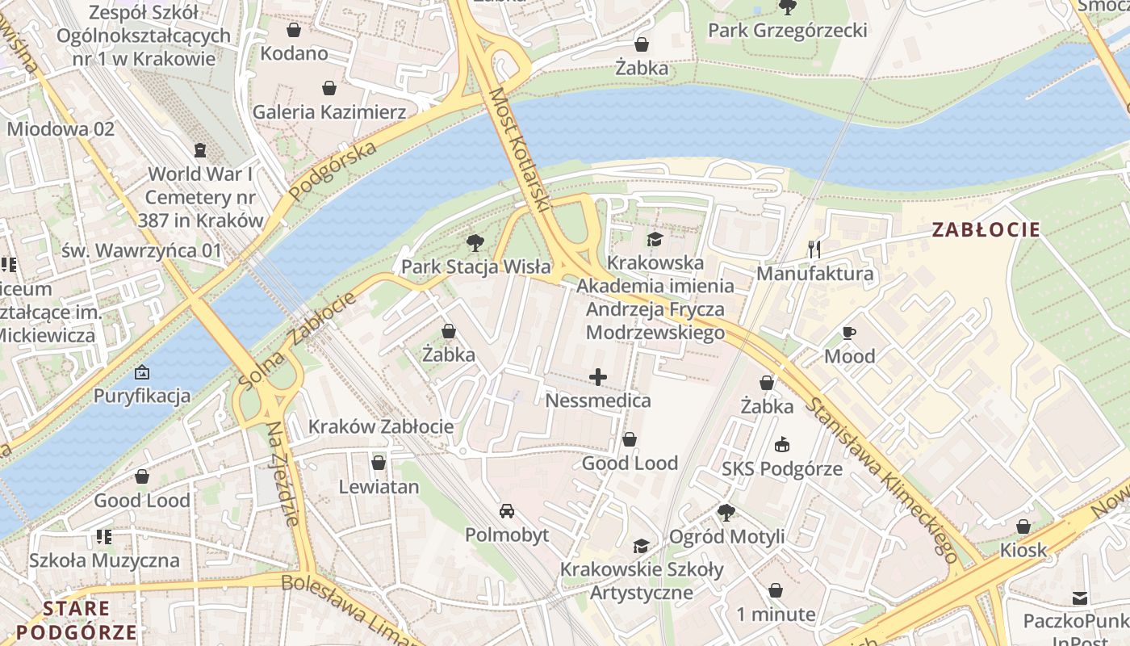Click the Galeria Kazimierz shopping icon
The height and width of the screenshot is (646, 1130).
[329, 87]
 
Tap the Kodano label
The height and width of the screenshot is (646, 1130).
[294, 53]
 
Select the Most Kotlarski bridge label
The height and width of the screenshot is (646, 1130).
[519, 150]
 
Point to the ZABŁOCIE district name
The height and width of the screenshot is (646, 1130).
[986, 229]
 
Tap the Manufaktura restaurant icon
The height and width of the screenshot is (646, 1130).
[814, 250]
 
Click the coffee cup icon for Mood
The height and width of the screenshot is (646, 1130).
[849, 333]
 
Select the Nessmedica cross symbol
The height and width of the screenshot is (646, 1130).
[598, 377]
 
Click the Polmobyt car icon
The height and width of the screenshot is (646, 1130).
[507, 511]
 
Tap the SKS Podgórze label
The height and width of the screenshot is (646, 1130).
[781, 469]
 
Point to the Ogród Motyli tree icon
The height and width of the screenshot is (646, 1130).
[726, 513]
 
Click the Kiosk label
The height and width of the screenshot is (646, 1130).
[1023, 550]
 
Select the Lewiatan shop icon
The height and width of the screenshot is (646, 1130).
[379, 463]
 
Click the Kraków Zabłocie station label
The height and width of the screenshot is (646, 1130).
[381, 426]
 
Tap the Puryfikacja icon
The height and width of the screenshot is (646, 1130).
[142, 372]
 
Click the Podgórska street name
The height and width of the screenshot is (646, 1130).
[333, 172]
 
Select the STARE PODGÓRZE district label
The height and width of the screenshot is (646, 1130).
[77, 620]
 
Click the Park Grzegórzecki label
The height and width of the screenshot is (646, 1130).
[787, 31]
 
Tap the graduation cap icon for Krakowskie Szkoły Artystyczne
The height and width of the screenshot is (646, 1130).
[642, 547]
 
